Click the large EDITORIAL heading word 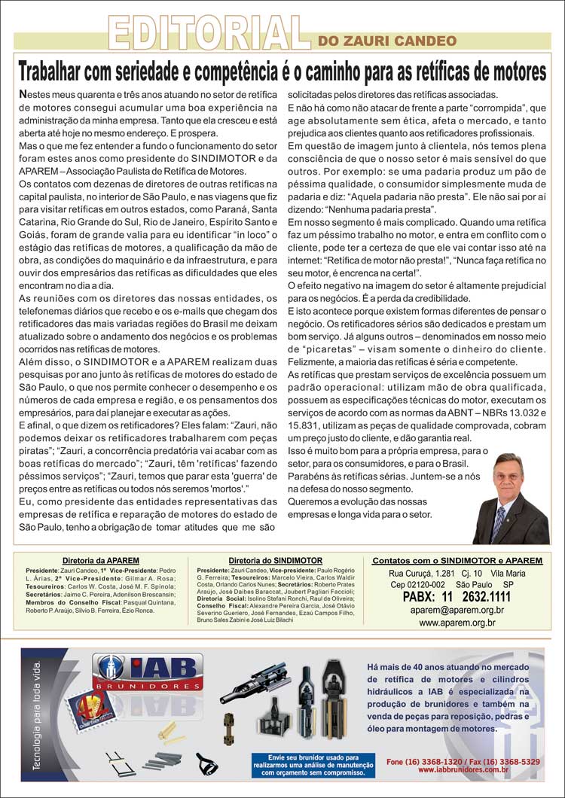tap(209, 32)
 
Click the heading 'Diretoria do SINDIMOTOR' tap(276, 561)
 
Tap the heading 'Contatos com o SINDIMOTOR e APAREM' tap(457, 561)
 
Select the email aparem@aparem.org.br tap(457, 611)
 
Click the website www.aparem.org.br tap(457, 623)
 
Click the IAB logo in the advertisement tap(138, 668)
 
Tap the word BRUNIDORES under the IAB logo tap(138, 687)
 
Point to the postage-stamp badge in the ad tap(88, 710)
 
